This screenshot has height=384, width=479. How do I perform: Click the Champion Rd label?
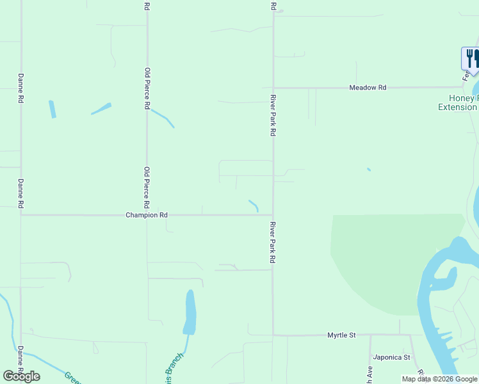[x=147, y=216]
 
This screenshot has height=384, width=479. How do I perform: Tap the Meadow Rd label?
[x=368, y=87]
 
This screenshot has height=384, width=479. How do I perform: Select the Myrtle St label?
[x=341, y=335]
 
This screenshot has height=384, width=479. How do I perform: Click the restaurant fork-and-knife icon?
[x=470, y=58]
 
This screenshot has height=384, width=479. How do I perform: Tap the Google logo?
[x=21, y=376]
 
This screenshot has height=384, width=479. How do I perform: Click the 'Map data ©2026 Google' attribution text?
[x=439, y=379]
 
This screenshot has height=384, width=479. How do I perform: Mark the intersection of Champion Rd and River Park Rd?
[x=273, y=215]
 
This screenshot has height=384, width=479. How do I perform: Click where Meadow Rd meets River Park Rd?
[x=273, y=88]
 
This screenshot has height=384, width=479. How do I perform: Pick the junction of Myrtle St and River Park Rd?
[x=273, y=334]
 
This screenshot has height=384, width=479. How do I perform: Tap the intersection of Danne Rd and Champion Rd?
[x=21, y=215]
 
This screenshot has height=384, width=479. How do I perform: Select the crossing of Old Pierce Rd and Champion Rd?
[x=147, y=215]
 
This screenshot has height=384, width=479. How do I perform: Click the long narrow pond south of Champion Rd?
[x=190, y=312]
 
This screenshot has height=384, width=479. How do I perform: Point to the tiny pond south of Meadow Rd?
[x=368, y=170]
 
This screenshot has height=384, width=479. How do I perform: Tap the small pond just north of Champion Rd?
[x=254, y=205]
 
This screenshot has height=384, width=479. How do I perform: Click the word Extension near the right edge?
[x=457, y=108]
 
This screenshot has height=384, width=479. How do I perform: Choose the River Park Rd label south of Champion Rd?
[x=273, y=243]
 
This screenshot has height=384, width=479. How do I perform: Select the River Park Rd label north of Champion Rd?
[x=273, y=115]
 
